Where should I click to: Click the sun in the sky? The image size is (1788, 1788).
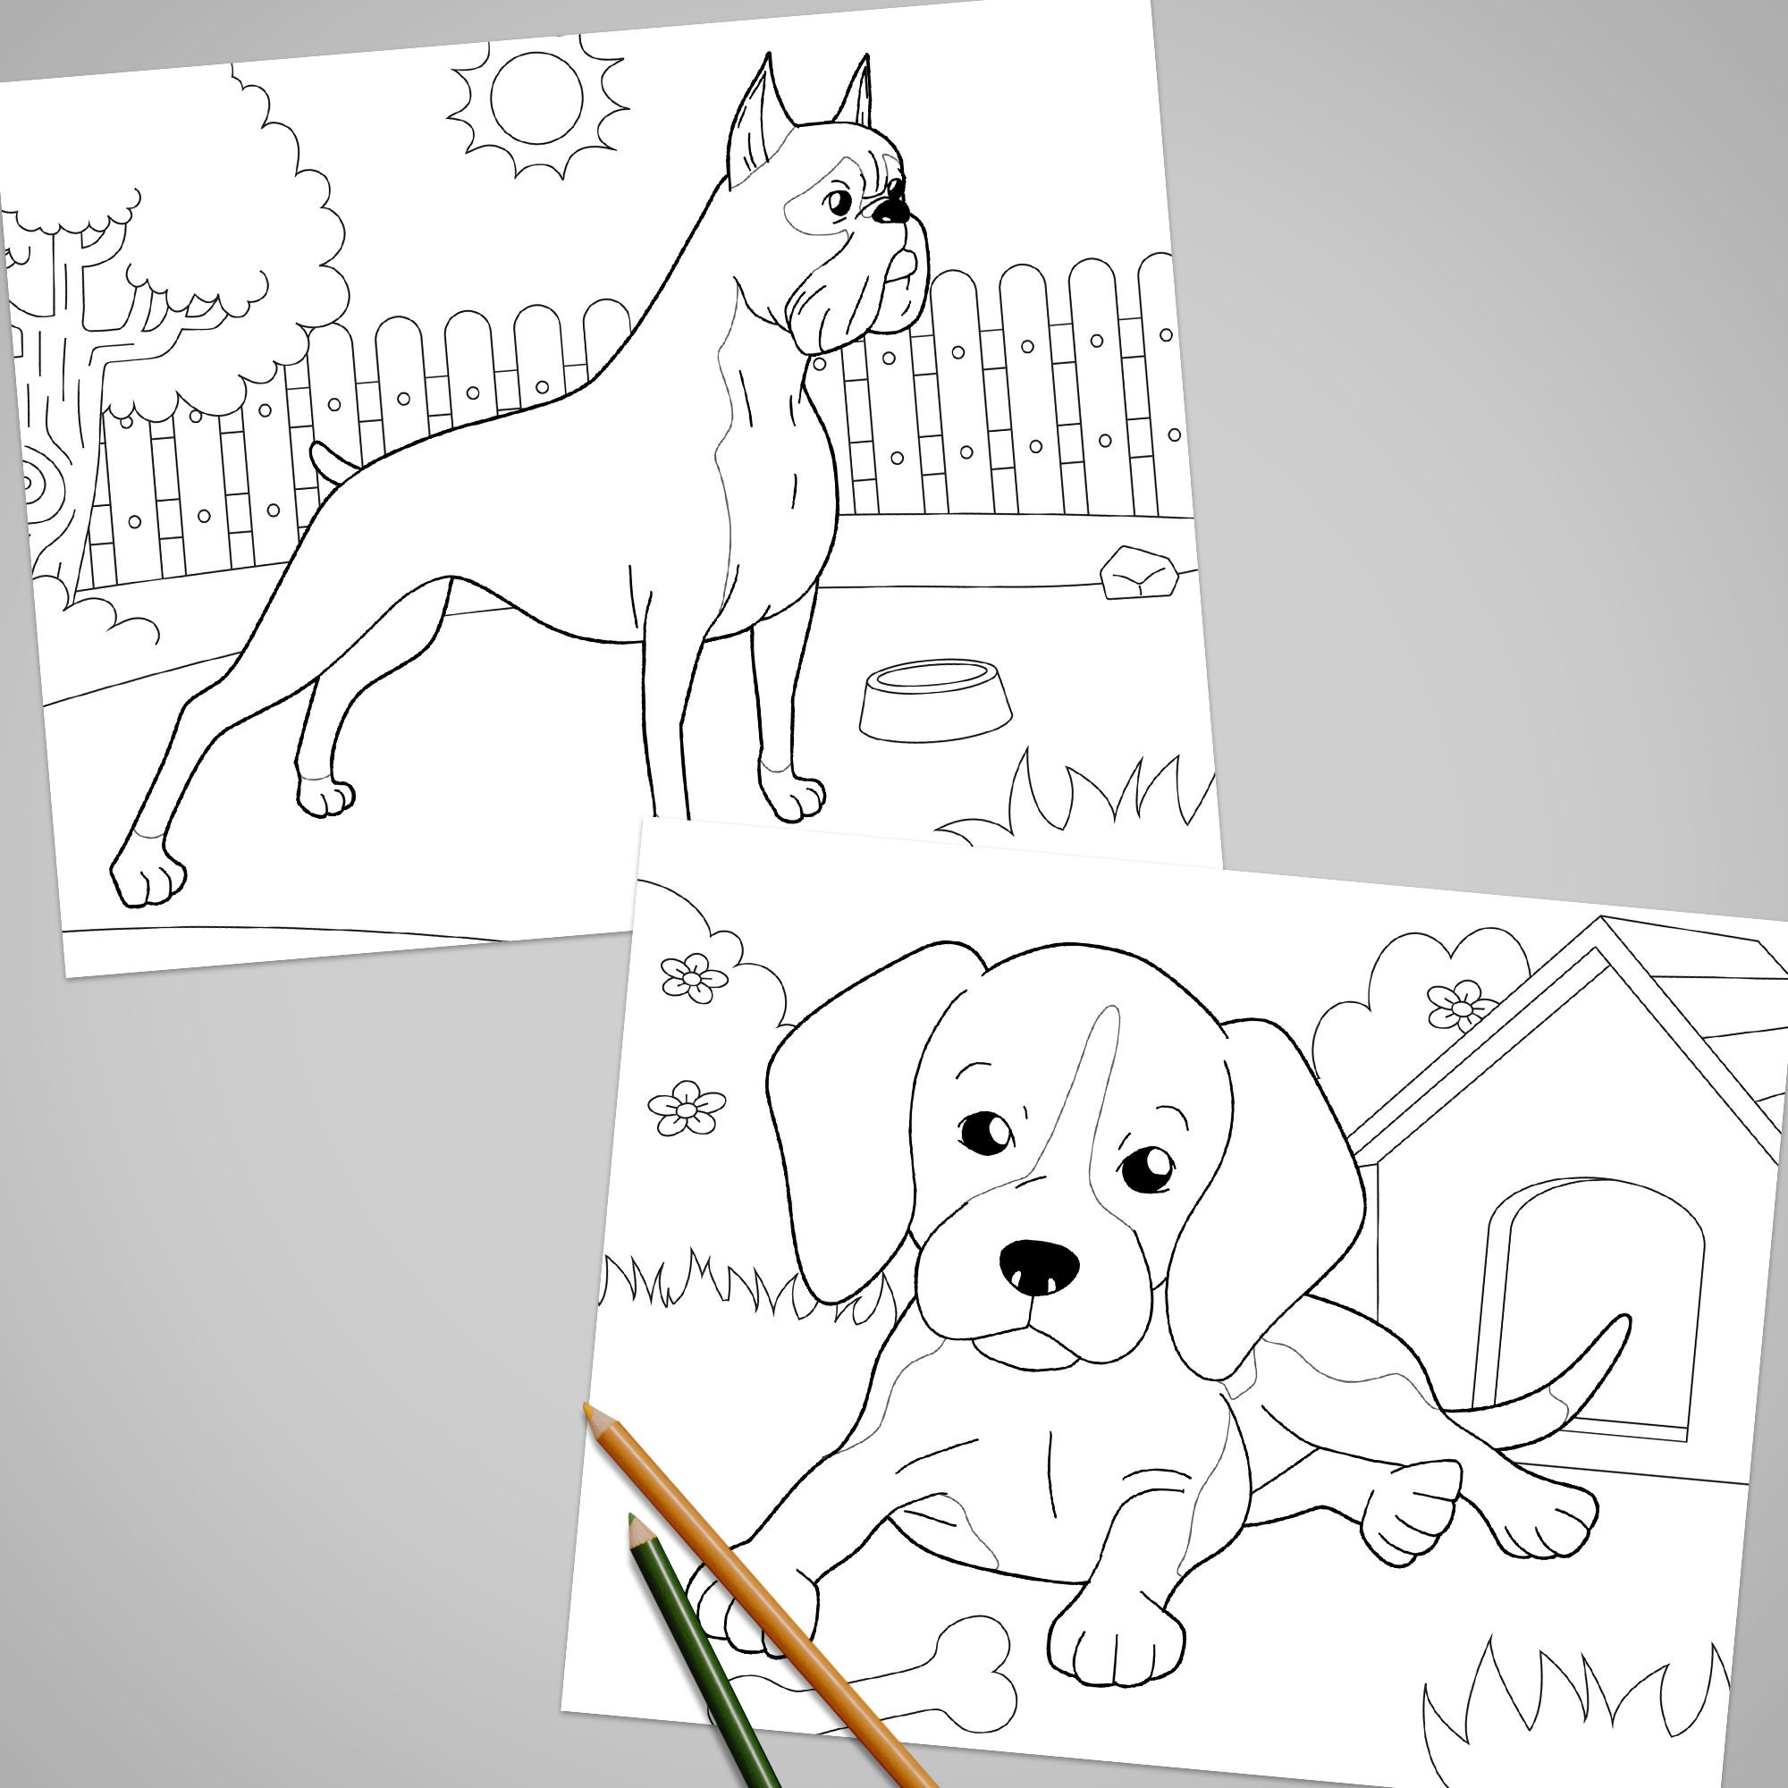pos(536,97)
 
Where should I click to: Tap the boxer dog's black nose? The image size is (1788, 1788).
pos(891,211)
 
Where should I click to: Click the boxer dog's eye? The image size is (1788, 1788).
pos(838,201)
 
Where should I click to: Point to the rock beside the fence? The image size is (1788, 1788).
pos(1139,574)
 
